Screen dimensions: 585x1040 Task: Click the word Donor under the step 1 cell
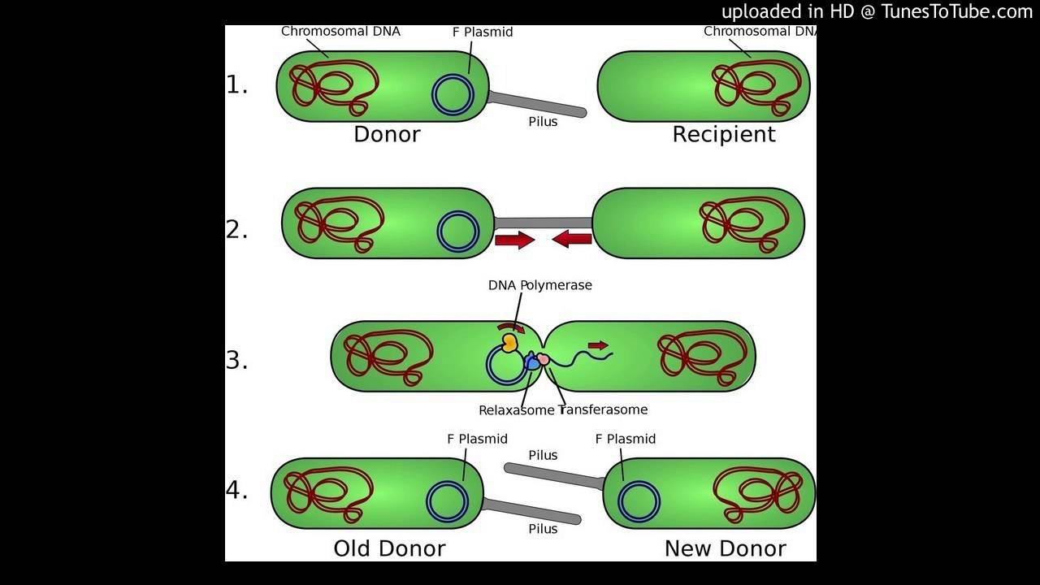(x=387, y=135)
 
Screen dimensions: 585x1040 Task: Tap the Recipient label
(x=724, y=135)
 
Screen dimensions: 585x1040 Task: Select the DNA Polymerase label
(x=540, y=285)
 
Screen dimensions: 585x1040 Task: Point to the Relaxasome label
(x=516, y=410)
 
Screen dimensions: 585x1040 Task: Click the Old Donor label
(x=389, y=548)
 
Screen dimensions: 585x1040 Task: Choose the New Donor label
(x=725, y=548)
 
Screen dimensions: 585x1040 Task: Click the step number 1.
(x=236, y=84)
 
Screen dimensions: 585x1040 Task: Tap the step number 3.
(x=236, y=360)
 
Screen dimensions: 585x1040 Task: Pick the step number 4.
(x=236, y=491)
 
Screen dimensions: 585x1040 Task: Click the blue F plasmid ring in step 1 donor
(x=453, y=94)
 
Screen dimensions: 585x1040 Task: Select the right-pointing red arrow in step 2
(x=515, y=240)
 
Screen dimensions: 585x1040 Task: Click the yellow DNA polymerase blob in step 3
(x=509, y=342)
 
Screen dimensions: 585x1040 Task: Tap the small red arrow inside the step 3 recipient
(x=598, y=345)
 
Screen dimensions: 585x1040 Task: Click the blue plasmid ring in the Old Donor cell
(x=446, y=501)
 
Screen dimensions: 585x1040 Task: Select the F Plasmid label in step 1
(x=483, y=32)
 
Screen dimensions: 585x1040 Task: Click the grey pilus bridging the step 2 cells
(x=543, y=222)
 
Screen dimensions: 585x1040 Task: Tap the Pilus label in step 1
(x=543, y=122)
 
